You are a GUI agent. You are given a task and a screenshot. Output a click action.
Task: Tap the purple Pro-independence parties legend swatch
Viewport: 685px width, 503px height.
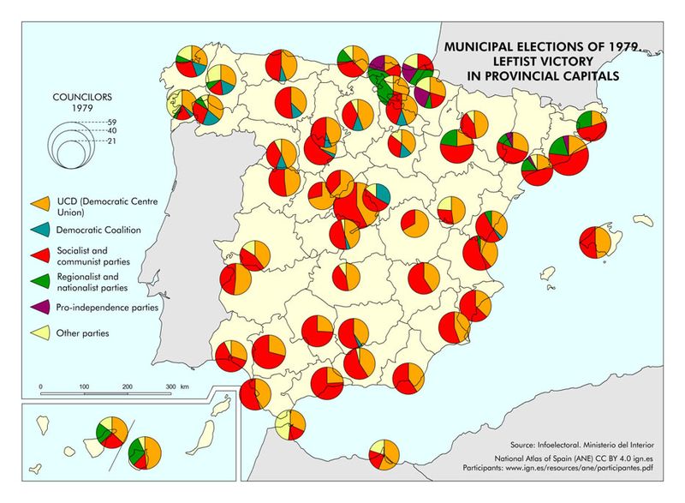pyautogui.click(x=39, y=306)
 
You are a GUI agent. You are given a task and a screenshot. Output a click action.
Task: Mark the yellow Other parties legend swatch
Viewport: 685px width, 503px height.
pyautogui.click(x=39, y=332)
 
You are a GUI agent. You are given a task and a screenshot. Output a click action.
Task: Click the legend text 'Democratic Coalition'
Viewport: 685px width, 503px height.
pyautogui.click(x=98, y=230)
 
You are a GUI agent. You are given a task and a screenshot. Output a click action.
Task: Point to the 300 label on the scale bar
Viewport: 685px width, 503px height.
pyautogui.click(x=171, y=387)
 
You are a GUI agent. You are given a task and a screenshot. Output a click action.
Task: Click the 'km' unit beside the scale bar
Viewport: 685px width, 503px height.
pyautogui.click(x=186, y=387)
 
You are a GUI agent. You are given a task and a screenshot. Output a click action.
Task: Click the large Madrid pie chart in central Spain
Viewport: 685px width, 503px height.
pyautogui.click(x=352, y=207)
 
